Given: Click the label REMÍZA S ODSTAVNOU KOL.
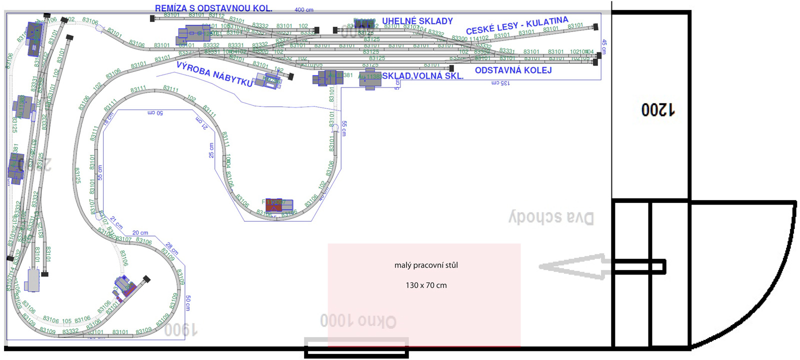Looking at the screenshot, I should click(x=213, y=8).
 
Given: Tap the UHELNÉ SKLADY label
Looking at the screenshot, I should click(x=417, y=21).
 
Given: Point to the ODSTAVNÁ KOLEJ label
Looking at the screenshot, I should click(x=513, y=70).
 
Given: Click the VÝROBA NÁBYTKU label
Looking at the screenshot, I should click(x=214, y=74).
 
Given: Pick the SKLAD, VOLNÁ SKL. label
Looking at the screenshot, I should click(x=423, y=76).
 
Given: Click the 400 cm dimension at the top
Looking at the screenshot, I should click(x=304, y=10).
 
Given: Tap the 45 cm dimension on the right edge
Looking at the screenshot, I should click(x=604, y=46).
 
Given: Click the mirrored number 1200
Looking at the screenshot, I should click(x=658, y=109).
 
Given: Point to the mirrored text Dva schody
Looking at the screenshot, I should click(x=551, y=217).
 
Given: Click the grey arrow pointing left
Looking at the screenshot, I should click(x=575, y=266).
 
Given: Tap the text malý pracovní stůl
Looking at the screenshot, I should click(x=426, y=265).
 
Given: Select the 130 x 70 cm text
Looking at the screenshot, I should click(x=426, y=285).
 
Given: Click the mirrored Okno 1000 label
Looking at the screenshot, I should click(x=358, y=321).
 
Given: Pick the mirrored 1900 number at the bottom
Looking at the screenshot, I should click(x=180, y=329).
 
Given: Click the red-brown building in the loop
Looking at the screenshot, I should click(x=274, y=204).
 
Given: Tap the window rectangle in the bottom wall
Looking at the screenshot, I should click(x=356, y=348).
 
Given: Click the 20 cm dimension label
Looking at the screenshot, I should click(x=140, y=233).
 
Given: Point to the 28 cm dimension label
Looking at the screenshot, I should click(x=171, y=248).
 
